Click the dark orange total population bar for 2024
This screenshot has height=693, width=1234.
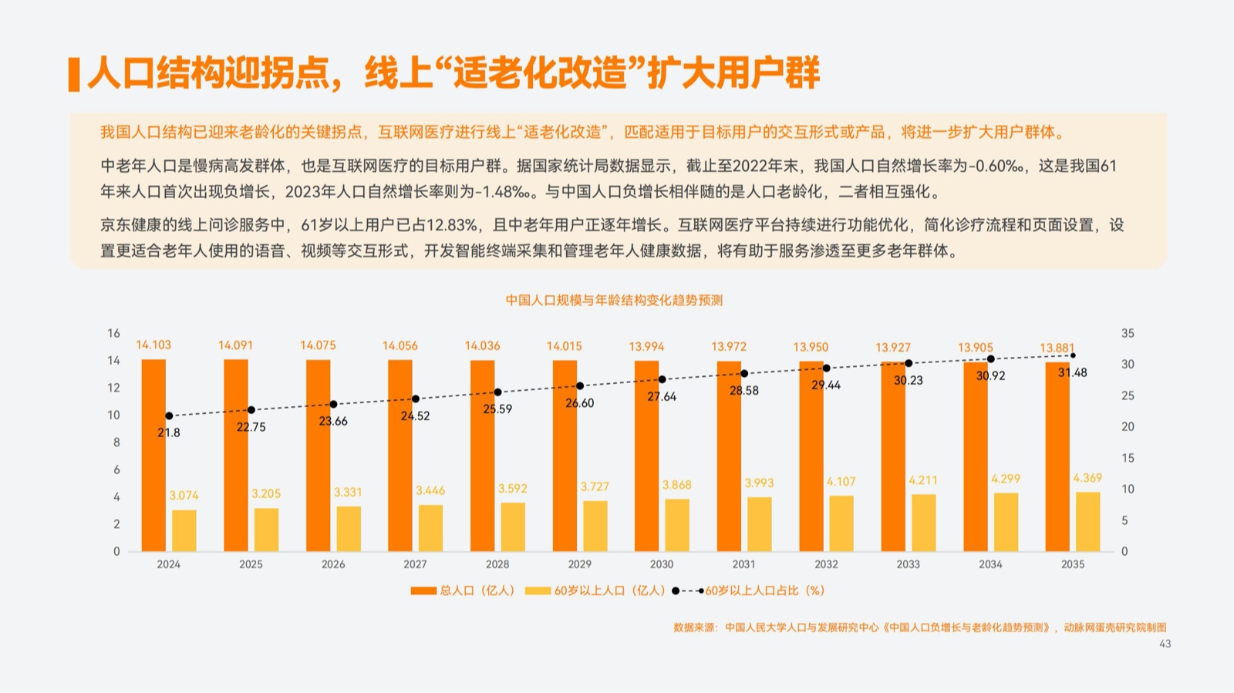coord(153,455)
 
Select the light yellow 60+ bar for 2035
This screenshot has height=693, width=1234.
coord(1087,522)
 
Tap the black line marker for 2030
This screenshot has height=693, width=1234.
coord(662,379)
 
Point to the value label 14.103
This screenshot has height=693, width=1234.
coord(153,345)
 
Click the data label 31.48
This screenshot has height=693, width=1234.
coord(1072,373)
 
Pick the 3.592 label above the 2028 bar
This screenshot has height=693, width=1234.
coord(512,489)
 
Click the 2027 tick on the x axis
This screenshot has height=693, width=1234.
coord(415,564)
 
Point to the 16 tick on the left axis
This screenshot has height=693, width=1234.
coord(113,333)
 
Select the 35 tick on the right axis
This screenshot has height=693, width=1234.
coord(1128,333)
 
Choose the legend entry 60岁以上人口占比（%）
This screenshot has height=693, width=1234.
coord(764,590)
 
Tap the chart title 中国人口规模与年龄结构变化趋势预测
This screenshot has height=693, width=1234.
coord(614,300)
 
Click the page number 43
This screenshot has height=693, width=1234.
coord(1165,644)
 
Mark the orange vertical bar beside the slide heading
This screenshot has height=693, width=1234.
coord(74,74)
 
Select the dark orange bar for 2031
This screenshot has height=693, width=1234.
coord(729,456)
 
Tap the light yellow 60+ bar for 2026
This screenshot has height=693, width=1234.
coord(349,529)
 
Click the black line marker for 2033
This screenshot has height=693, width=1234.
coord(909,363)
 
